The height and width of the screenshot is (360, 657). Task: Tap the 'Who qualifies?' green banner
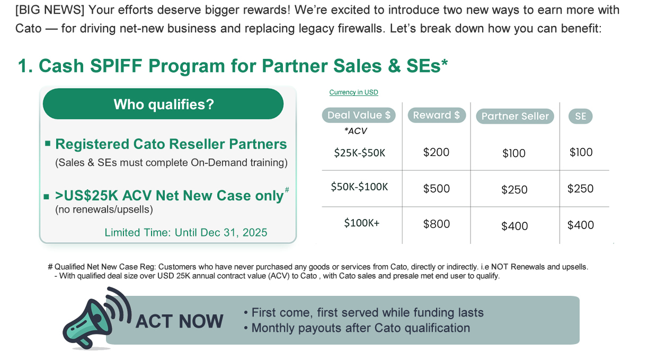[x=163, y=104]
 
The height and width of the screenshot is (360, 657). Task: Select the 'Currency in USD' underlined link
[x=353, y=92]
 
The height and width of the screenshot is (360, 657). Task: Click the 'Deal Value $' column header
[x=359, y=115]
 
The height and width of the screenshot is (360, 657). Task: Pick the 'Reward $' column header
[x=437, y=115]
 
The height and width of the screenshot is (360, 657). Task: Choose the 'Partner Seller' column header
[x=515, y=116]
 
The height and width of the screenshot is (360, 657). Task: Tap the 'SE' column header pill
[x=581, y=116]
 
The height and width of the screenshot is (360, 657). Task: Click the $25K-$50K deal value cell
[x=359, y=153]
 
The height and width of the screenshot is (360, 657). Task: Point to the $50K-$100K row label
[x=359, y=187]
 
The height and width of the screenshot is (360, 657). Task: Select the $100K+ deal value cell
[x=362, y=223]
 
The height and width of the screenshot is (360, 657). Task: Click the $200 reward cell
[x=436, y=152]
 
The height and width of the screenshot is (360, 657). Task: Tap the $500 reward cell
[x=437, y=189]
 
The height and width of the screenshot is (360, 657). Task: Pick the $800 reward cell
[x=437, y=224]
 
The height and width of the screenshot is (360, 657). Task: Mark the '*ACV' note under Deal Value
[x=356, y=131]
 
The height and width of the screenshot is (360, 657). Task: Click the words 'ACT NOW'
[x=179, y=321]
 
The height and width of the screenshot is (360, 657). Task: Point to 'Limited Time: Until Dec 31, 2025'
[x=186, y=232]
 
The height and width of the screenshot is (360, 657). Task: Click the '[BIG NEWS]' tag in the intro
[x=50, y=10]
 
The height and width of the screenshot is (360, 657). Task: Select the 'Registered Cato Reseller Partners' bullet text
[x=171, y=144]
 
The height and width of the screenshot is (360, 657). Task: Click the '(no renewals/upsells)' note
[x=104, y=209]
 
